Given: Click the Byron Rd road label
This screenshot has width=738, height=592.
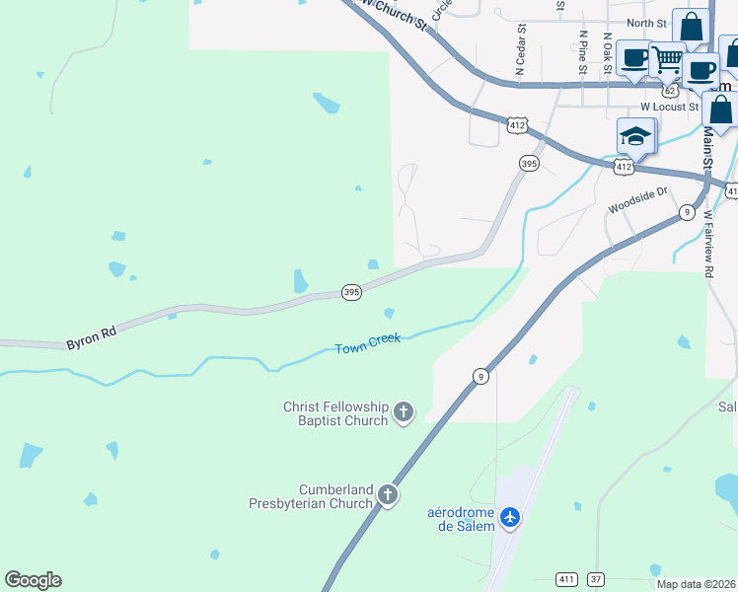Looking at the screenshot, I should pyautogui.click(x=92, y=338).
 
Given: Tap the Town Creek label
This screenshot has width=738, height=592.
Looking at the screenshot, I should pyautogui.click(x=367, y=344).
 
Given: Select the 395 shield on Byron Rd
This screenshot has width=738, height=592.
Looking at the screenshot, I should pyautogui.click(x=351, y=292).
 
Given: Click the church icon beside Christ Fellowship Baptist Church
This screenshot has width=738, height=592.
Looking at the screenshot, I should pyautogui.click(x=403, y=411).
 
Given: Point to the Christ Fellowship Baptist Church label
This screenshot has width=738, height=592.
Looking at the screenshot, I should pyautogui.click(x=335, y=413).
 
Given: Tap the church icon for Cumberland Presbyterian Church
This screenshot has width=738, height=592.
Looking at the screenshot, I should pyautogui.click(x=388, y=494).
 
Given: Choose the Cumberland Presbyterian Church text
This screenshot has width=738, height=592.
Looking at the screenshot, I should pyautogui.click(x=310, y=495).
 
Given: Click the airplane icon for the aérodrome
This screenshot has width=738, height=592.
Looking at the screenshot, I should pyautogui.click(x=510, y=517).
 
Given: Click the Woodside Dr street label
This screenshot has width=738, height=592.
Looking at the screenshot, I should pyautogui.click(x=638, y=201).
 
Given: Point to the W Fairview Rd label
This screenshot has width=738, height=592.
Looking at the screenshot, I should pyautogui.click(x=709, y=248).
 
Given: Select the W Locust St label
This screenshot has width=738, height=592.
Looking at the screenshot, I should pyautogui.click(x=669, y=107).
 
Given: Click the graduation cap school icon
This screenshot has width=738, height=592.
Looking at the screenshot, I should pyautogui.click(x=636, y=136).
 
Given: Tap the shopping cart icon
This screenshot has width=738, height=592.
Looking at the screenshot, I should pyautogui.click(x=667, y=62).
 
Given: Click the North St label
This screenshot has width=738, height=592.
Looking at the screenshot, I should pyautogui.click(x=645, y=23).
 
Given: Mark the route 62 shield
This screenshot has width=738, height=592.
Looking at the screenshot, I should pyautogui.click(x=671, y=90).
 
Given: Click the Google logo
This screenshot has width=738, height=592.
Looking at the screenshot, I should pyautogui.click(x=33, y=580).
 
